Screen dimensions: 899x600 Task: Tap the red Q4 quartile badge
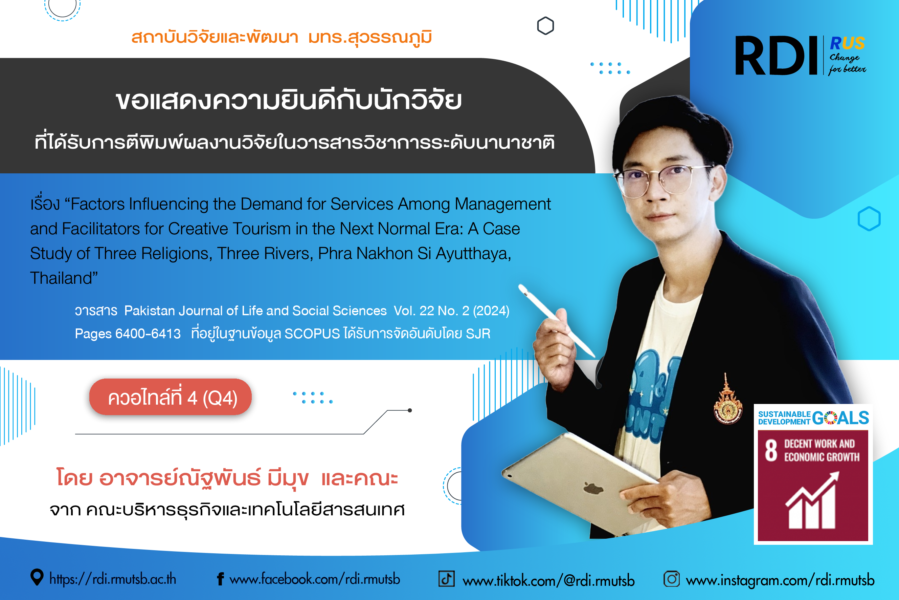pyautogui.click(x=170, y=397)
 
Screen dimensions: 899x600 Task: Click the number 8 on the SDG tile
pyautogui.click(x=771, y=450)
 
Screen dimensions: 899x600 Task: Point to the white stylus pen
pyautogui.click(x=556, y=321)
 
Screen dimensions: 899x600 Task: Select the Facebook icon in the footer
pyautogui.click(x=220, y=579)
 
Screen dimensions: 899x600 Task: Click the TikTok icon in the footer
pyautogui.click(x=446, y=579)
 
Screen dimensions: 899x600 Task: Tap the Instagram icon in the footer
pyautogui.click(x=672, y=579)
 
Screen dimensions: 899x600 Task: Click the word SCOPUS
pyautogui.click(x=312, y=334)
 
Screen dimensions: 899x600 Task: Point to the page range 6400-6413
pyautogui.click(x=148, y=334)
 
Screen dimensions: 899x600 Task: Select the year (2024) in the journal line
pyautogui.click(x=491, y=311)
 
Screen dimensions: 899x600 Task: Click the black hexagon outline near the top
pyautogui.click(x=545, y=26)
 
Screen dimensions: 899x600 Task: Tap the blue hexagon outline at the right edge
pyautogui.click(x=869, y=219)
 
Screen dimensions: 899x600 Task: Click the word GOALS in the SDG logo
pyautogui.click(x=840, y=417)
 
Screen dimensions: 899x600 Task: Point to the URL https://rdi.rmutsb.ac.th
pyautogui.click(x=113, y=579)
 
